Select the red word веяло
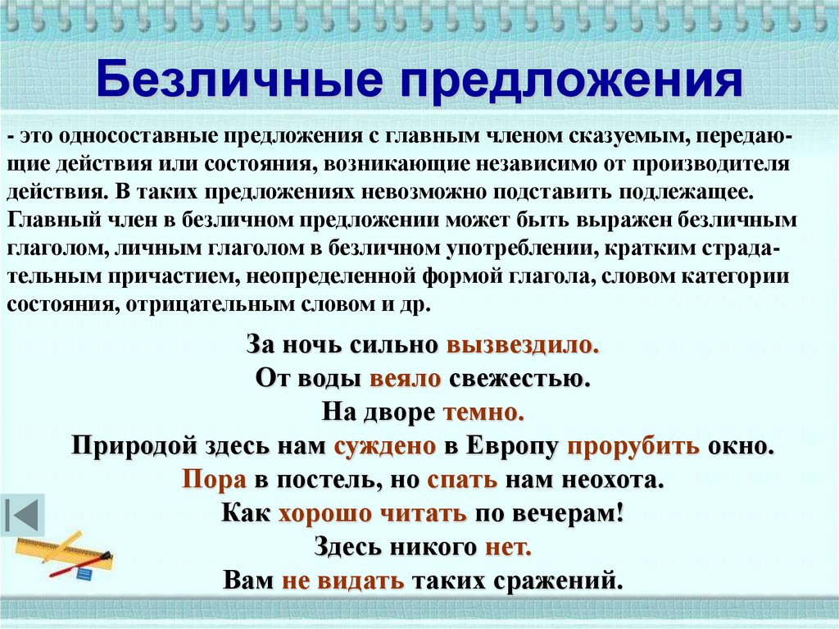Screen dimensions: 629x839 point(406,378)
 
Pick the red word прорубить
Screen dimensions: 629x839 point(630,446)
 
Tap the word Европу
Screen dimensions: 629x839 point(512,446)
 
